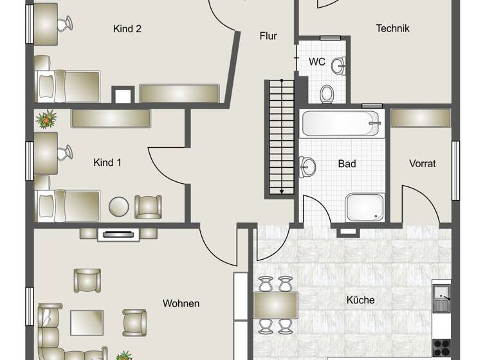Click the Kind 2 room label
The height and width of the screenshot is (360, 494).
[x=127, y=29]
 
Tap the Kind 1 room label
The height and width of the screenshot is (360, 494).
[x=107, y=163]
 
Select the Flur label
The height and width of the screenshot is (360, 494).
[x=268, y=36]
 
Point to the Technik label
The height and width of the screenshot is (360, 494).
[x=392, y=28]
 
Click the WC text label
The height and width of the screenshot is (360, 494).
[x=316, y=62]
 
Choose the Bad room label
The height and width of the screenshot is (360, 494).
[x=347, y=164]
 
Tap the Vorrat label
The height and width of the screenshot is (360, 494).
[x=422, y=164]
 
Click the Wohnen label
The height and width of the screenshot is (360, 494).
[x=181, y=303]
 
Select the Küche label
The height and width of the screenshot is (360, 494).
[x=360, y=300]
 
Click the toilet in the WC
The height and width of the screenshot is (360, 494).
[x=327, y=94]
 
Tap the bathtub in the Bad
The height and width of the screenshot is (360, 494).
[x=341, y=123]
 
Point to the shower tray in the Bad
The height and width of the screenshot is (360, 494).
[x=365, y=207]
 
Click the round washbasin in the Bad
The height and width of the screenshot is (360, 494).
[x=308, y=167]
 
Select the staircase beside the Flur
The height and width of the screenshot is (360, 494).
[x=279, y=138]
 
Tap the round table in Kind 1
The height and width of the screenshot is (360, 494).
[x=120, y=207]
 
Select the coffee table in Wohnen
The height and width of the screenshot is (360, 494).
[x=87, y=321]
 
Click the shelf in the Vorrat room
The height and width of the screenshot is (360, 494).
[x=421, y=118]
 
